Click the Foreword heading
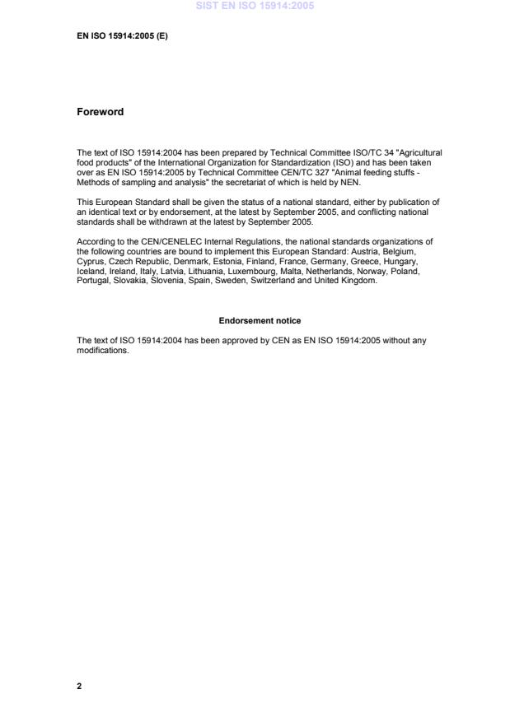point(100,112)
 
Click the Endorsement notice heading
point(260,320)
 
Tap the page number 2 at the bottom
point(79,685)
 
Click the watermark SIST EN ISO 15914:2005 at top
point(255,7)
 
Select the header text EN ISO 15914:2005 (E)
point(122,36)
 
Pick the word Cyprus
point(90,257)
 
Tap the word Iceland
point(91,272)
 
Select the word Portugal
point(93,280)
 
